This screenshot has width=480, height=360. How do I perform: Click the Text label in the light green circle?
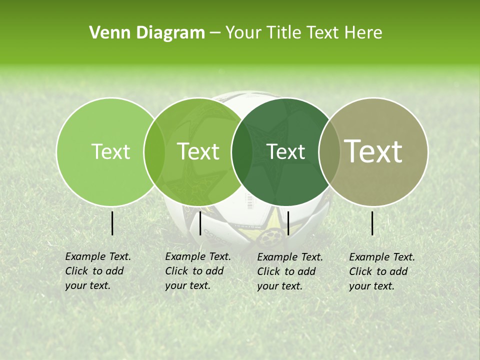click(x=110, y=151)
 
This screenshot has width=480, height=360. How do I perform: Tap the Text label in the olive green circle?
click(x=198, y=151)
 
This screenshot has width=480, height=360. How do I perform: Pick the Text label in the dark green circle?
click(x=286, y=151)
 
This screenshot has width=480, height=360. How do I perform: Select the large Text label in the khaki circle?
click(x=373, y=151)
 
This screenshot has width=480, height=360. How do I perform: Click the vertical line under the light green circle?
click(x=112, y=223)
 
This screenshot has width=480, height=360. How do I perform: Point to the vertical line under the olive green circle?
click(x=200, y=223)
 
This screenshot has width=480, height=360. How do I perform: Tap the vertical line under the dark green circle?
click(x=288, y=223)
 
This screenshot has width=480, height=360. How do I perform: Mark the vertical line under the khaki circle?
click(x=372, y=223)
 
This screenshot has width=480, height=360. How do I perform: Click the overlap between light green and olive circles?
click(x=154, y=151)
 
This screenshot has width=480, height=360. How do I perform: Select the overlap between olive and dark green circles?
click(x=242, y=151)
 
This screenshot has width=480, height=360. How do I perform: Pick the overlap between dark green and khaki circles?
click(x=329, y=151)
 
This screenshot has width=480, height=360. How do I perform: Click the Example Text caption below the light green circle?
click(x=98, y=271)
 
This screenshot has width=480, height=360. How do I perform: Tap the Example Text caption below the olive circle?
click(x=198, y=271)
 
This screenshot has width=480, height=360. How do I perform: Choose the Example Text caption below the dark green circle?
click(x=290, y=271)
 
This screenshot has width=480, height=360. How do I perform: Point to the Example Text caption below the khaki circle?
click(x=382, y=271)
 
